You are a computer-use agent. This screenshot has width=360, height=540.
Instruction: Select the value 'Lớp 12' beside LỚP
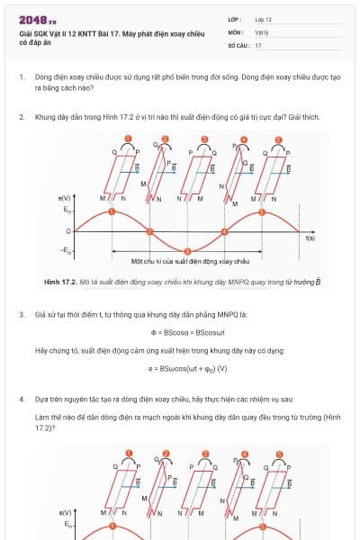[264, 19]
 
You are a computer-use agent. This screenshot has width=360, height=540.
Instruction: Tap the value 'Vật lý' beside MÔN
[262, 31]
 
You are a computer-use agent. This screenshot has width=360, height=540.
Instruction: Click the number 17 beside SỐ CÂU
[258, 44]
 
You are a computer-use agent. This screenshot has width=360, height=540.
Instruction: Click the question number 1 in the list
[21, 78]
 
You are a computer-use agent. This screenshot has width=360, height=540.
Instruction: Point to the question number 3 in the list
[21, 315]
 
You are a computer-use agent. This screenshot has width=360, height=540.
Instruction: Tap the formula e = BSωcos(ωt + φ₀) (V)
[181, 368]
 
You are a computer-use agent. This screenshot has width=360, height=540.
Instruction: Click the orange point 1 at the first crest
[112, 211]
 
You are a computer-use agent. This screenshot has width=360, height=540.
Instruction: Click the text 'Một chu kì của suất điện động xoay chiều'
[189, 261]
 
